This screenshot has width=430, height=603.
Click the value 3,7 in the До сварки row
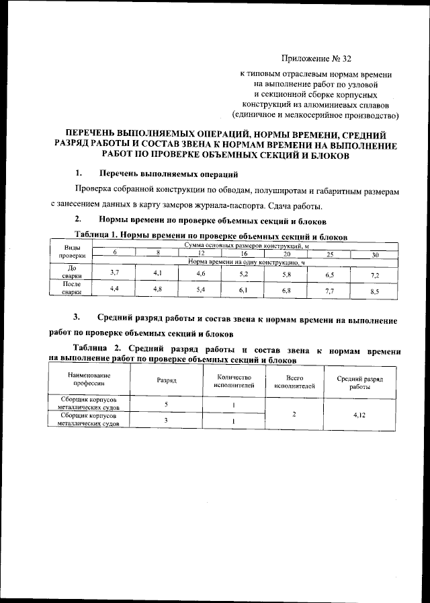[114, 271]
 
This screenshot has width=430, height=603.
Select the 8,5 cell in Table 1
[374, 291]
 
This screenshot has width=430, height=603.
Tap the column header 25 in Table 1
[329, 254]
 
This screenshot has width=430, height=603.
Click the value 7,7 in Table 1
[329, 291]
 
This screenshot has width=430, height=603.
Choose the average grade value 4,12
[359, 415]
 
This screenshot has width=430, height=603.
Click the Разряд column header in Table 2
[167, 380]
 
